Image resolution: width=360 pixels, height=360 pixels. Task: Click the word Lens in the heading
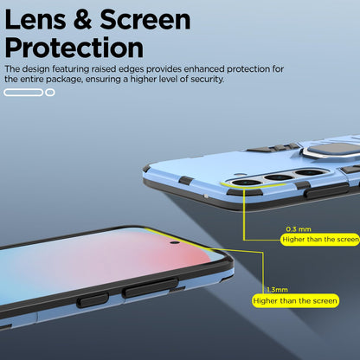point(35,19)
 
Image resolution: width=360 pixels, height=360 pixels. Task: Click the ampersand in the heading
point(82,19)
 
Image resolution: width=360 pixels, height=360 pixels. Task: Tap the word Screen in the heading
point(145,19)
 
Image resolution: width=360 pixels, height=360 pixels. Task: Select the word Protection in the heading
point(74,48)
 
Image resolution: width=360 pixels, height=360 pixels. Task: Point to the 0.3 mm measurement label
point(299,229)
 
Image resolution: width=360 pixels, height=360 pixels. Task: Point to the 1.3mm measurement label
point(277,290)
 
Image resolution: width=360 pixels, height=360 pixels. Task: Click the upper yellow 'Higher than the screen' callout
point(320,240)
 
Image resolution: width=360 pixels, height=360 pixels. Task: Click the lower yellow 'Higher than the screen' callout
point(295,301)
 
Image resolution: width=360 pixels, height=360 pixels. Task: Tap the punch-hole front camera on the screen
point(175,242)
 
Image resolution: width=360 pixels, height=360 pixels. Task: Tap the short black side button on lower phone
point(93,300)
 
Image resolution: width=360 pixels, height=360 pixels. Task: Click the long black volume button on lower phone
point(151,288)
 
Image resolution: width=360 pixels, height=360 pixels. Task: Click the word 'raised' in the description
point(104,69)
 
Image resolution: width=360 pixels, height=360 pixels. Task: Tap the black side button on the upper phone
point(326,191)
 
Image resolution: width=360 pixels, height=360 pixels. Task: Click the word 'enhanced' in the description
point(204,69)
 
